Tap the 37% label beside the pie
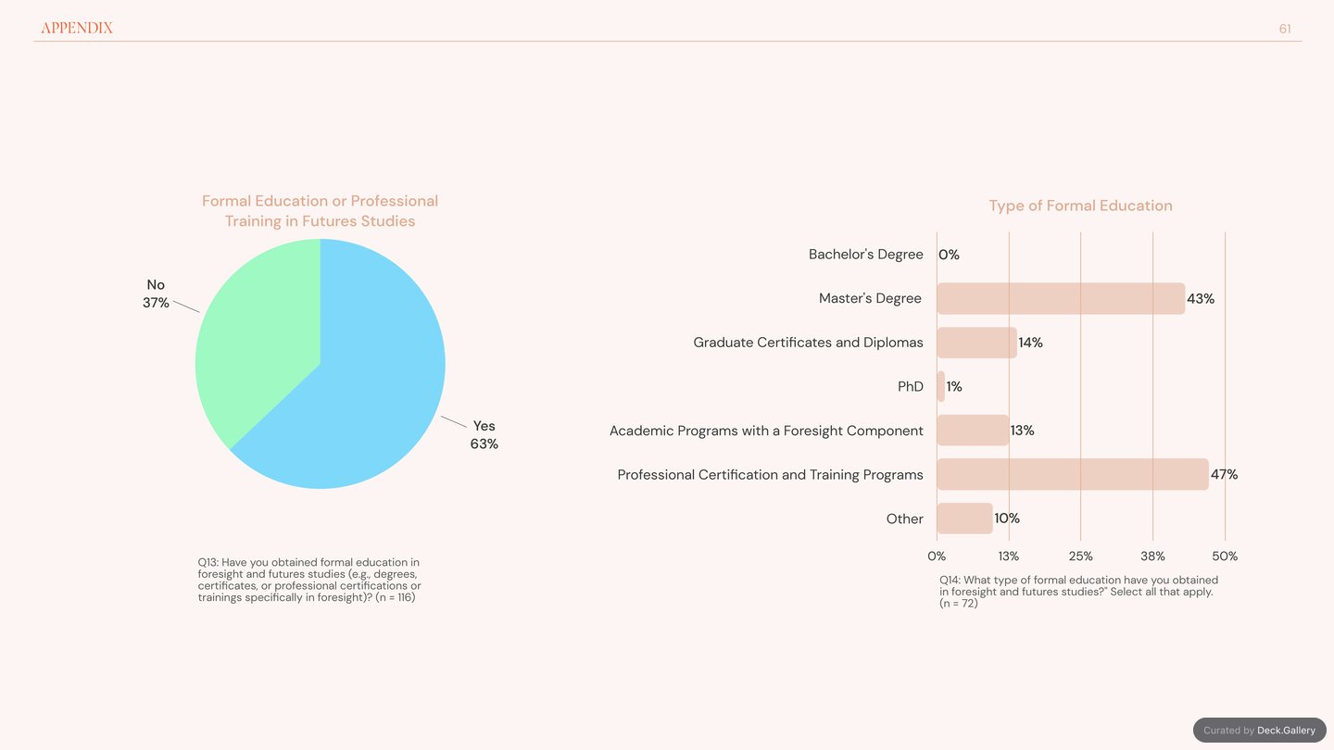[156, 303]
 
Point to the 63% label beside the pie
[485, 444]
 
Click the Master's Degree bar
[1061, 298]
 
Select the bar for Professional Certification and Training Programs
[1073, 474]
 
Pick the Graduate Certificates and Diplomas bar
[976, 343]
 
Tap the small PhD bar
[941, 386]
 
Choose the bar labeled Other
[964, 519]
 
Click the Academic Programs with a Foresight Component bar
[973, 431]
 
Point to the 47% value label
[1225, 474]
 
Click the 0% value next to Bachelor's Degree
[950, 255]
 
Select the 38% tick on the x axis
[1153, 556]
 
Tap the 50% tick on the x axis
[1225, 556]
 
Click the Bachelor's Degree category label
[866, 254]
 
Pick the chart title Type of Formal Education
[1081, 206]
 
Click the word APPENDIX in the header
[77, 28]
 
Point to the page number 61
[1285, 29]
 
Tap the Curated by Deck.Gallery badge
[1260, 730]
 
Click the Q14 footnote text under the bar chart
[1078, 591]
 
